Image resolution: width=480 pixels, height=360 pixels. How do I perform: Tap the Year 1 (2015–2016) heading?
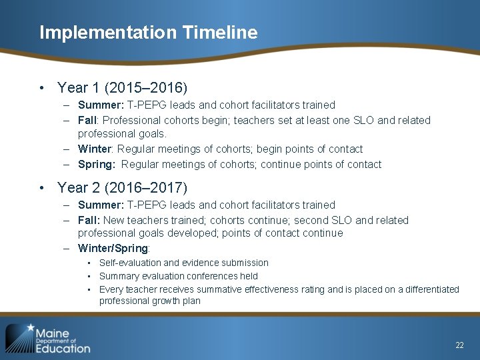click(123, 87)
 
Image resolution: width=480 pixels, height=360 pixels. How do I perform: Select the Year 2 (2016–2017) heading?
click(123, 187)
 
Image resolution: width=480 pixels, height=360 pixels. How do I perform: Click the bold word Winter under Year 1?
click(93, 149)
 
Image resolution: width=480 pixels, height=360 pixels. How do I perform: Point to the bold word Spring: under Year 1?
click(97, 164)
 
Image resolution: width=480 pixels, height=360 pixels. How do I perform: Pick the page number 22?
click(459, 345)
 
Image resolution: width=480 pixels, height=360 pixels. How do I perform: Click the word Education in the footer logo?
click(63, 348)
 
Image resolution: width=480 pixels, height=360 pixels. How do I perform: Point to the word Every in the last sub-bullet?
click(110, 289)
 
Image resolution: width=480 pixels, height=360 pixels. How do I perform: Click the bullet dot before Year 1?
click(41, 88)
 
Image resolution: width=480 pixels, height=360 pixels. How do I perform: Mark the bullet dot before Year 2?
click(41, 188)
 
